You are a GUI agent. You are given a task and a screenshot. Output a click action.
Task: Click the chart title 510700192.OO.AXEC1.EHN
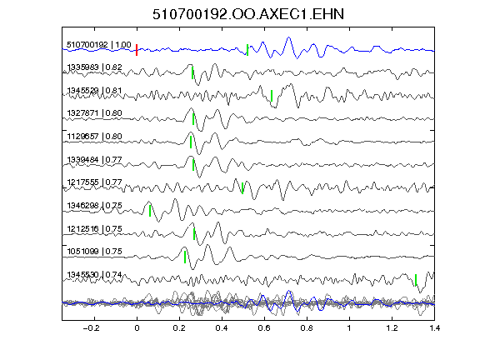(x=248, y=14)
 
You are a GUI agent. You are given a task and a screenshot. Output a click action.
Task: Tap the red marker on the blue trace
(x=137, y=50)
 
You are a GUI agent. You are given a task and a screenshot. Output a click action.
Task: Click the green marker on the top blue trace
(x=247, y=50)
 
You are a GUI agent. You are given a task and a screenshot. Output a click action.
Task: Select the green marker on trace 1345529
(x=272, y=96)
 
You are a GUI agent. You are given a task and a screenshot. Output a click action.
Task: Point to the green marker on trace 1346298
(x=150, y=211)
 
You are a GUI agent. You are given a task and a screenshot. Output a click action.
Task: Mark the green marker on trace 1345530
(x=416, y=280)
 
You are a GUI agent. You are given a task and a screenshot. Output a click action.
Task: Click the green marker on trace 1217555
(x=242, y=188)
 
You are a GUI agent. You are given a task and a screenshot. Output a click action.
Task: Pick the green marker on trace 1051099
(x=185, y=257)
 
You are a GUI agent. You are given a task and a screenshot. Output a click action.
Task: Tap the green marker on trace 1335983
(x=192, y=72)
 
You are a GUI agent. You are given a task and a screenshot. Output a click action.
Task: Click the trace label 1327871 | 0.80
(x=95, y=113)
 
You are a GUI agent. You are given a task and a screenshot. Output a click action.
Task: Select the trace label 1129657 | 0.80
(x=95, y=136)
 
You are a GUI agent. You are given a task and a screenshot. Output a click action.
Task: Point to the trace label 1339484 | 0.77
(x=95, y=159)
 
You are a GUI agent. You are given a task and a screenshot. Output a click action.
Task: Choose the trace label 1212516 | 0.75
(x=95, y=228)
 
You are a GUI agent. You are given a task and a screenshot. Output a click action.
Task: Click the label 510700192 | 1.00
(x=99, y=45)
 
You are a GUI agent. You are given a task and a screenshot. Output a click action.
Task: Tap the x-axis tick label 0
(x=137, y=328)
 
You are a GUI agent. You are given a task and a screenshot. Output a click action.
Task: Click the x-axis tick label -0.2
(x=91, y=328)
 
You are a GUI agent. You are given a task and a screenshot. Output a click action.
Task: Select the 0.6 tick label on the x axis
(x=264, y=328)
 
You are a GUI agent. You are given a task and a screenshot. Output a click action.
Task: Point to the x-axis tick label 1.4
(x=434, y=328)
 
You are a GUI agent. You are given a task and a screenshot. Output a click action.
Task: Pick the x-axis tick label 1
(x=349, y=328)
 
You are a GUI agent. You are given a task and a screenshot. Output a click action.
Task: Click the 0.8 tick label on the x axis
(x=307, y=328)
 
